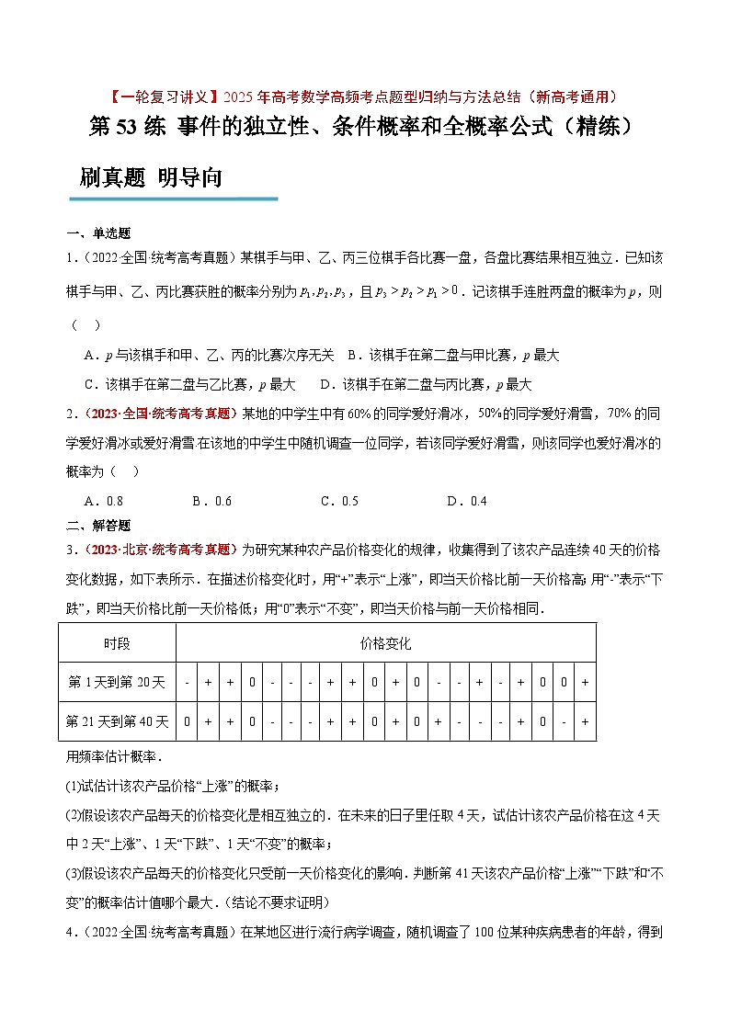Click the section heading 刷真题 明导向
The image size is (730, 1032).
coord(151,177)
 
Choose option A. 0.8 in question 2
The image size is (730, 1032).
coord(103,501)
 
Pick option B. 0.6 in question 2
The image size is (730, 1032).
coord(211,501)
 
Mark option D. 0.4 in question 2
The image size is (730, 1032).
coord(466,501)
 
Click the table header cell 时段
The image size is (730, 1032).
coord(117,643)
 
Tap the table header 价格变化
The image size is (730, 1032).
coord(385,643)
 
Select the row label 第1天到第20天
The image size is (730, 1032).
coord(117,683)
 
